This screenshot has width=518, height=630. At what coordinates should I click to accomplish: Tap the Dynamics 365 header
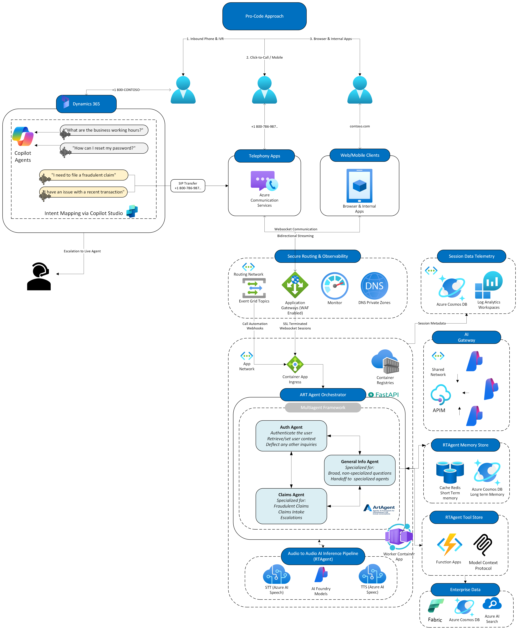86,104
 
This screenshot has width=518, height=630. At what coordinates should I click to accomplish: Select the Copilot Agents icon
23,136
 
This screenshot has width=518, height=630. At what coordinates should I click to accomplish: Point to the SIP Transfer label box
188,186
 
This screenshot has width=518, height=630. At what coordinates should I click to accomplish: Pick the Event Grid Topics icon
254,288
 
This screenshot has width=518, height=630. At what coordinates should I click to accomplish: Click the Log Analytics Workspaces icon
489,285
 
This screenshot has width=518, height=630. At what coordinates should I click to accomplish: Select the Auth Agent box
291,436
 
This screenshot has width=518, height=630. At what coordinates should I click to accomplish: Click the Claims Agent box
291,506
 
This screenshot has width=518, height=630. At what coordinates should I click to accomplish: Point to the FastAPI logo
383,395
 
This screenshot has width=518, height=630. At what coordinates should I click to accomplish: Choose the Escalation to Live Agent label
82,251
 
